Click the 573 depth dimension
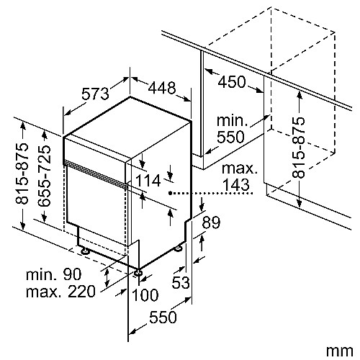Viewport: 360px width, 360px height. [x=95, y=94]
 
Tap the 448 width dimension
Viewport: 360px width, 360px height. [x=162, y=88]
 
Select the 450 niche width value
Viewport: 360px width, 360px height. [x=232, y=82]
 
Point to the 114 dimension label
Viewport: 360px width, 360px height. [x=148, y=181]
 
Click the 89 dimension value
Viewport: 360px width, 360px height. [x=211, y=222]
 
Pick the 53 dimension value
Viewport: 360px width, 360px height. [x=181, y=282]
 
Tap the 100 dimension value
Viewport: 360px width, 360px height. [x=145, y=295]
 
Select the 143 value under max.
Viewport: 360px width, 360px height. [x=236, y=184]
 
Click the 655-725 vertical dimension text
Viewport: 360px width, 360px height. [x=45, y=176]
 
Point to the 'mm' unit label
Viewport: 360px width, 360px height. [x=340, y=351]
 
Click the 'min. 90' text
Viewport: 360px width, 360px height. [x=54, y=274]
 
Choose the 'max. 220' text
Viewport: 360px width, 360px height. [x=60, y=292]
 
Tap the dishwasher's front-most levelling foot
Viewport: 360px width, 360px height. [x=138, y=272]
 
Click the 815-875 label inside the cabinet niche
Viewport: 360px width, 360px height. [x=299, y=148]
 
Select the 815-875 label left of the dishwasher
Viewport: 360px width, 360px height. [x=22, y=174]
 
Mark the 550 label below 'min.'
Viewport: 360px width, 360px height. [x=230, y=137]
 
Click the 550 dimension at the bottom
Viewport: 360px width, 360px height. [x=163, y=317]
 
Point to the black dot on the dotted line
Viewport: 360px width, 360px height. [x=170, y=193]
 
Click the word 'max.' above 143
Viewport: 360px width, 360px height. [x=240, y=168]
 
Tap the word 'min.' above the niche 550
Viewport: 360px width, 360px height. [x=232, y=121]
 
